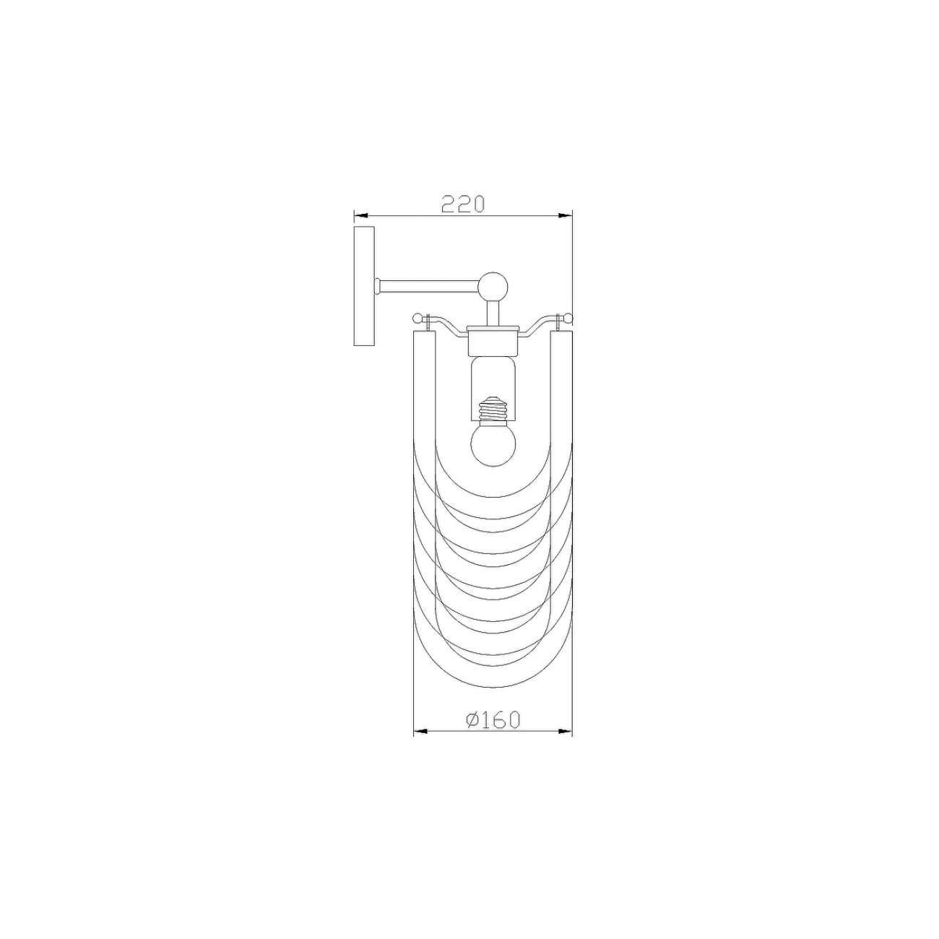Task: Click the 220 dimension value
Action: (x=462, y=204)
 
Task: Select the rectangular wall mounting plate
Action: (x=363, y=286)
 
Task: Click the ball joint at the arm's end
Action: (x=493, y=287)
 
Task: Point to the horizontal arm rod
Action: (x=429, y=287)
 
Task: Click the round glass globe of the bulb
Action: (x=493, y=443)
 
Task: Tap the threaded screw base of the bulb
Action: (x=493, y=410)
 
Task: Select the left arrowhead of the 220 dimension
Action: (x=360, y=215)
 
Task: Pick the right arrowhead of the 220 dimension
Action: (x=566, y=215)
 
